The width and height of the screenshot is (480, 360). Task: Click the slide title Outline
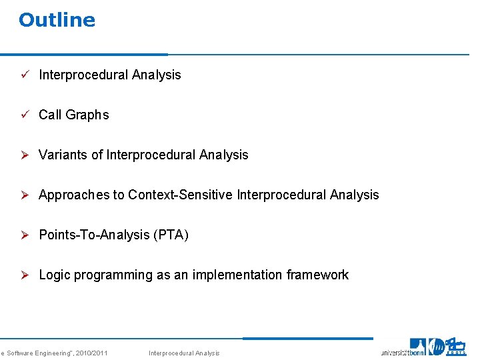(x=57, y=20)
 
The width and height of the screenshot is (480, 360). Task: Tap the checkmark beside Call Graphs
(x=23, y=115)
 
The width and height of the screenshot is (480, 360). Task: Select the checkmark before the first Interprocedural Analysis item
(x=23, y=75)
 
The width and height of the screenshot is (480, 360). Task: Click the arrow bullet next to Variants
(x=23, y=155)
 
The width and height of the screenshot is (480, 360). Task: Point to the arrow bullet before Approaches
(x=23, y=195)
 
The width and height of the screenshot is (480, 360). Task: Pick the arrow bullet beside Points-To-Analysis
(x=23, y=235)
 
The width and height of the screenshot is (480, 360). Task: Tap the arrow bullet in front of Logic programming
(x=23, y=275)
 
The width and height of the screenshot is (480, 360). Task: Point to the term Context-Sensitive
(x=179, y=195)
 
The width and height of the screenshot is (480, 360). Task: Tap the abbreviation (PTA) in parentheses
(x=171, y=235)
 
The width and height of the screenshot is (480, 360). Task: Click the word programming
(x=113, y=275)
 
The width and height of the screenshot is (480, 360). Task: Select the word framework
(x=317, y=275)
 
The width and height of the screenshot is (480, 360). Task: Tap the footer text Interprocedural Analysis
(x=183, y=353)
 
